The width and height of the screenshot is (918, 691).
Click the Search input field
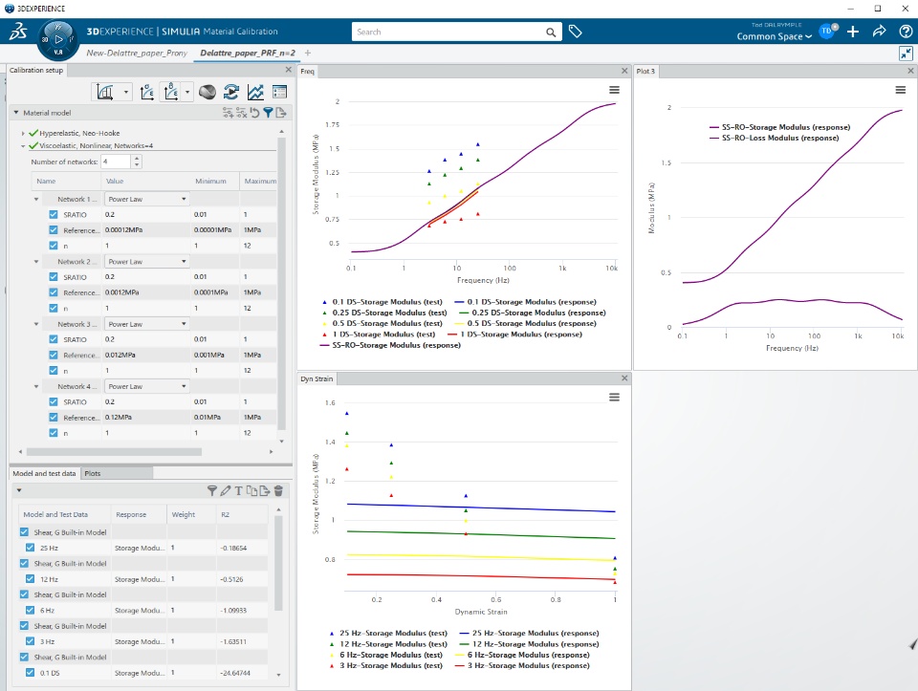[449, 32]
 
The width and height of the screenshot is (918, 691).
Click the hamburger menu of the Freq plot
[614, 89]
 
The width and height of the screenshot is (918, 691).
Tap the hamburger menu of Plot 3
[900, 89]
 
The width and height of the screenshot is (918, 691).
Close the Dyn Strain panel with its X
[624, 378]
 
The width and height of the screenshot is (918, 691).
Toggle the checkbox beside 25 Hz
[31, 548]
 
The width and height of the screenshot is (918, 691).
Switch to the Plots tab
[93, 473]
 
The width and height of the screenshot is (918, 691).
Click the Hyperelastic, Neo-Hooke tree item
[79, 133]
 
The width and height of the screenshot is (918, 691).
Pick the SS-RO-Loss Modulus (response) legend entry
[779, 138]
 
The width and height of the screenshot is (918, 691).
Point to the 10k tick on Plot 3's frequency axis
[897, 337]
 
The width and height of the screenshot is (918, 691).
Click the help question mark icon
[906, 32]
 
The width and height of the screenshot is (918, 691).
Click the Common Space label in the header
[774, 36]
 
